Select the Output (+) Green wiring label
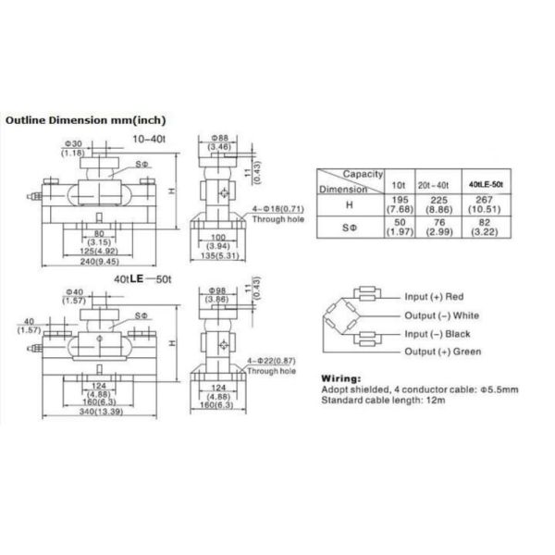(441, 352)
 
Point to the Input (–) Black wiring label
(438, 334)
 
